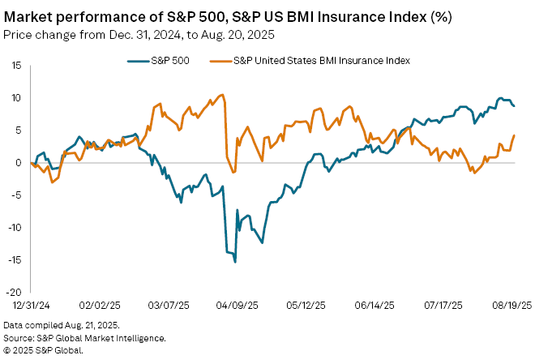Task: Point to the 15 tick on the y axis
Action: pyautogui.click(x=15, y=65)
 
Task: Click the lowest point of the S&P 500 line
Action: pyautogui.click(x=235, y=261)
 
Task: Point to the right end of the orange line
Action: pyautogui.click(x=515, y=135)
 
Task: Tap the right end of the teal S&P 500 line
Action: pyautogui.click(x=514, y=106)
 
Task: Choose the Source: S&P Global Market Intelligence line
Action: pyautogui.click(x=86, y=338)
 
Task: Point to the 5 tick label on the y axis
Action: pyautogui.click(x=17, y=130)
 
